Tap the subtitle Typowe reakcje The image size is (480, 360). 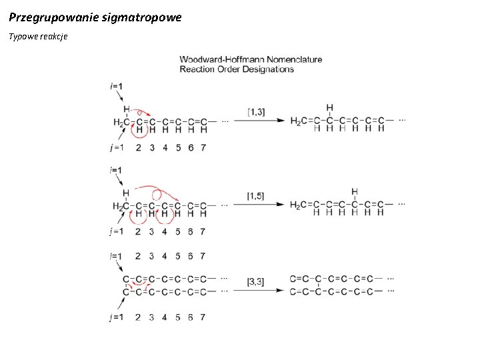pyautogui.click(x=38, y=36)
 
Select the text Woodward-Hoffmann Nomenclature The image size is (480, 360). pyautogui.click(x=251, y=59)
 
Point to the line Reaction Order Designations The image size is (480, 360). pyautogui.click(x=237, y=69)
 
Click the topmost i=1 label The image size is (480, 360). pyautogui.click(x=115, y=86)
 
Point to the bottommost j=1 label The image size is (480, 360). pyautogui.click(x=116, y=317)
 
